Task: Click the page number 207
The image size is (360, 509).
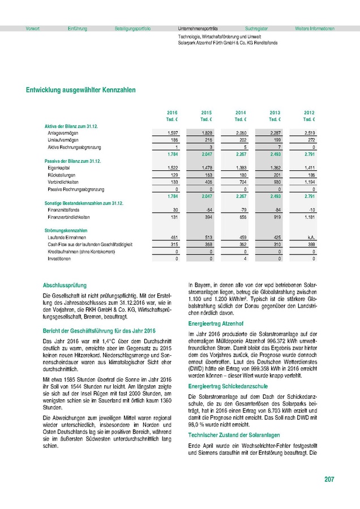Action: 329,479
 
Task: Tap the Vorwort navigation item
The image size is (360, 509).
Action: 32,28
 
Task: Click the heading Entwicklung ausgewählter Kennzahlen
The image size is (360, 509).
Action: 81,90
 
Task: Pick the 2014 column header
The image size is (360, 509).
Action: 241,113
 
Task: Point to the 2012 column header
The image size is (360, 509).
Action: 309,113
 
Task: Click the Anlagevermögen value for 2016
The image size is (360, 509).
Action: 173,132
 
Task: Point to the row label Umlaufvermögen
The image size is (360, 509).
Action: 63,139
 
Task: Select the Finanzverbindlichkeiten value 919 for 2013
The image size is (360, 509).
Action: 275,217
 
